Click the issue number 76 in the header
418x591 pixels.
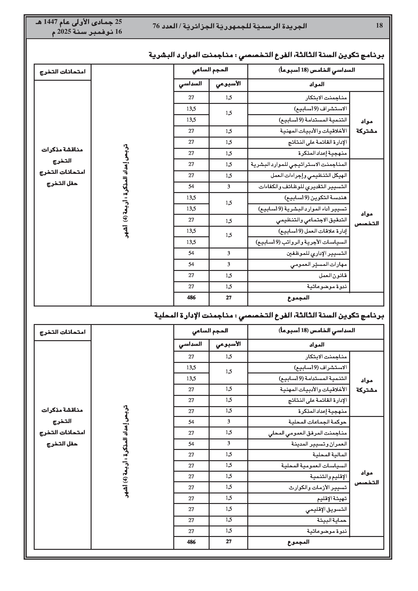coord(156,26)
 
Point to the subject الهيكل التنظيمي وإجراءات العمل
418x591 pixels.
coord(309,175)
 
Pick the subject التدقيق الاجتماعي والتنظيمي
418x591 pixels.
coord(311,220)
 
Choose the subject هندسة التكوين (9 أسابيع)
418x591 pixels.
coord(316,198)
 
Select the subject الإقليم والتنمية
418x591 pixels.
coord(328,476)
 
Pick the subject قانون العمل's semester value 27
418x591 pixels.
coord(191,275)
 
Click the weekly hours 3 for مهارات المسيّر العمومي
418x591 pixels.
coord(229,264)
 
